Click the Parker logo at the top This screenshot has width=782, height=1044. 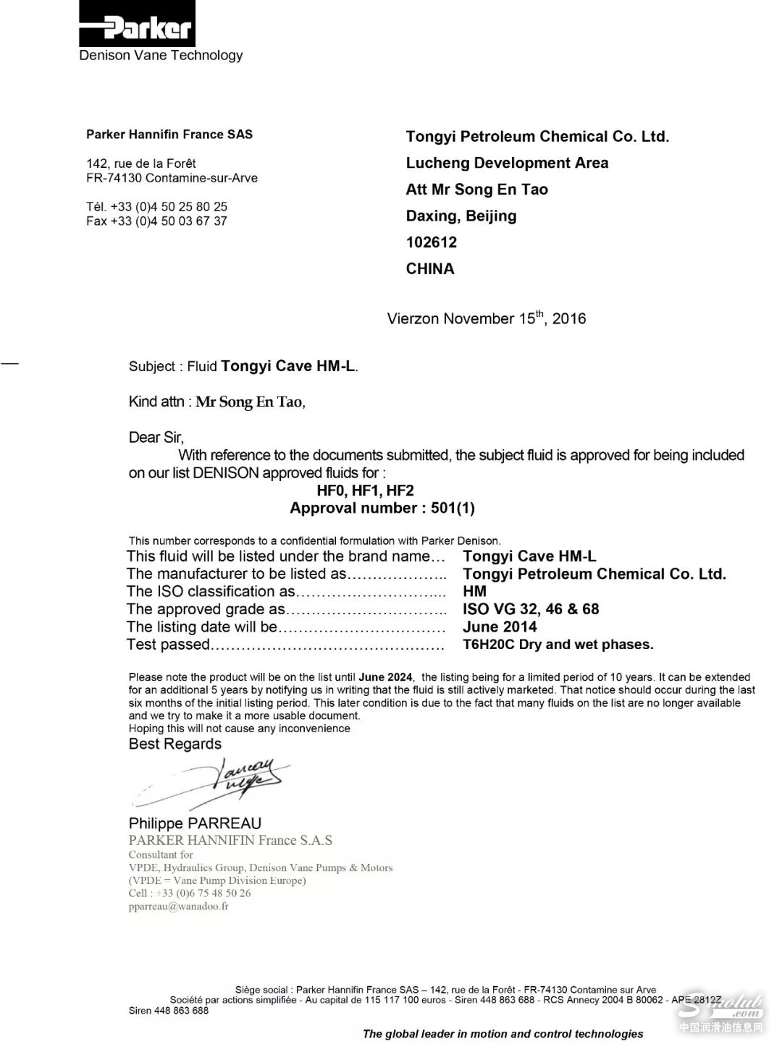pos(137,25)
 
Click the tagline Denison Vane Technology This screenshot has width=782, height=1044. pos(161,56)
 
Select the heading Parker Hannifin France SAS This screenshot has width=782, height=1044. pos(169,135)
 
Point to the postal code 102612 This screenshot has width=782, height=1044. pos(432,242)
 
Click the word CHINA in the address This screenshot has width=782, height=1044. pos(430,269)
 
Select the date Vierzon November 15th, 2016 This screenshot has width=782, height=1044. pos(486,318)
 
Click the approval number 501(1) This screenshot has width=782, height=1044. pos(453,508)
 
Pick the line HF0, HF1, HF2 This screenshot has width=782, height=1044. pos(365,491)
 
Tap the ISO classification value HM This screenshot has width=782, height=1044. pos(475,592)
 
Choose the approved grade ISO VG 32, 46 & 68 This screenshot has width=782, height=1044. pos(531,609)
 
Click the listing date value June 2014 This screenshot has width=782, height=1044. pos(500,627)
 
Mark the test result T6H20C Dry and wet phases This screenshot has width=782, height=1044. pos(558,645)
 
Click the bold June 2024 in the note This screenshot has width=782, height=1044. pos(385,677)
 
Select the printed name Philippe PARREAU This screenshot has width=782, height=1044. pos(195,823)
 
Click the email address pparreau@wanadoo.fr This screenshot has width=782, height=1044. pos(178,907)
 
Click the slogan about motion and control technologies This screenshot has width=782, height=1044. pos(503,1034)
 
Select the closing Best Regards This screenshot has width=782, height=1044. pos(175,744)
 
